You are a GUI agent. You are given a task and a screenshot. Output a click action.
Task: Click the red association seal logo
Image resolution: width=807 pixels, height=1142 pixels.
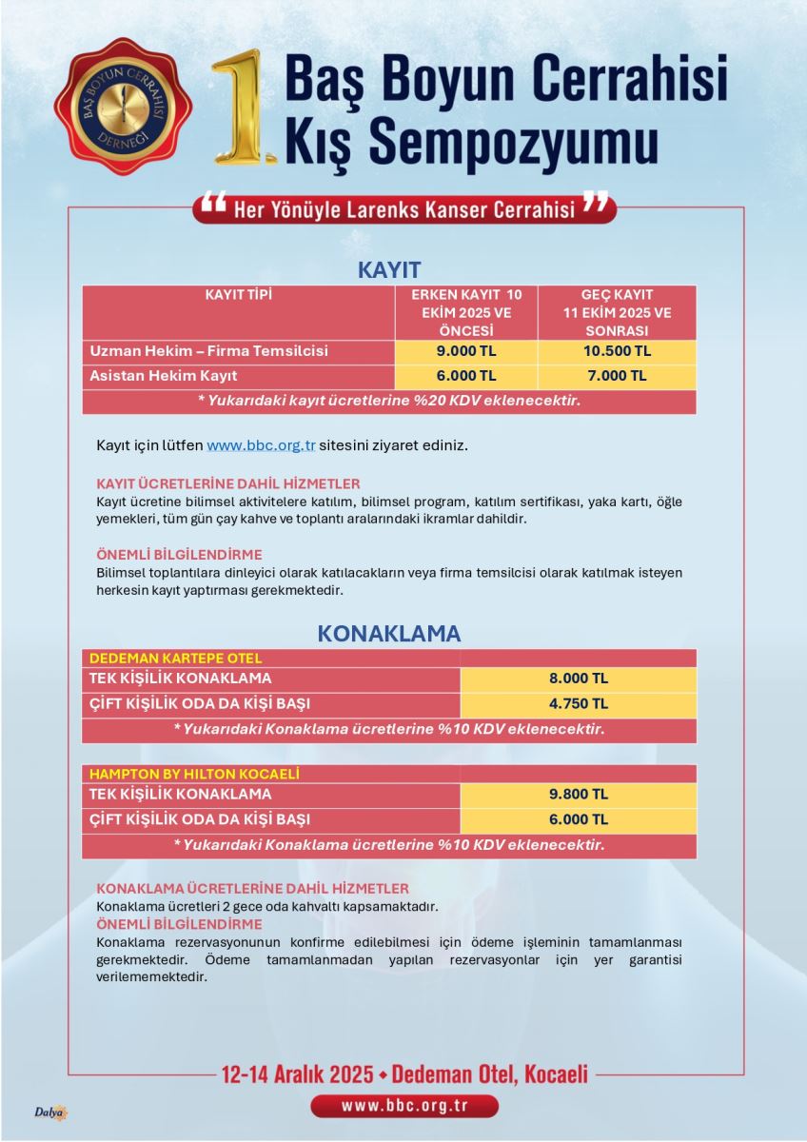[122, 107]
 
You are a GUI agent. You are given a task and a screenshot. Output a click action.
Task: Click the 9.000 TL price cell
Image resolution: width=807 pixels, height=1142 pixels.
[466, 351]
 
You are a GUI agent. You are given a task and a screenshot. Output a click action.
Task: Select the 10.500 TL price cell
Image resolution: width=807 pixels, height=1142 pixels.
[616, 351]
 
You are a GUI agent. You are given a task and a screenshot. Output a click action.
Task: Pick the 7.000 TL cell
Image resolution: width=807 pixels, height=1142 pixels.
[616, 376]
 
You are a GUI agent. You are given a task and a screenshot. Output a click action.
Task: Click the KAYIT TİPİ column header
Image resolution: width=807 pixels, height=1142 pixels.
[239, 295]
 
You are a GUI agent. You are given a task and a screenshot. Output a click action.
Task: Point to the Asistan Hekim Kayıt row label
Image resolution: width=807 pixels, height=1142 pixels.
[164, 376]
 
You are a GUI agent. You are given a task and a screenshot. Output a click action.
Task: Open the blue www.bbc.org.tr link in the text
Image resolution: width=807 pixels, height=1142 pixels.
[261, 445]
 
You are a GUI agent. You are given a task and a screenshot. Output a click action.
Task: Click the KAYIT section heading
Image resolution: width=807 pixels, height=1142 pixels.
[389, 269]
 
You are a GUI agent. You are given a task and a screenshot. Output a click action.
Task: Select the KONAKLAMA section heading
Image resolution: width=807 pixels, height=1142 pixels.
[389, 634]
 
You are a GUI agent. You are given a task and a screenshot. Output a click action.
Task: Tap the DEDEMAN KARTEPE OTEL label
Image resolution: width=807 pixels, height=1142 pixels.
[175, 658]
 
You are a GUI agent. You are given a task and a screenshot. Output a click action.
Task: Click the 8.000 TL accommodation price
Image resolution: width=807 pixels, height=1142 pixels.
[578, 679]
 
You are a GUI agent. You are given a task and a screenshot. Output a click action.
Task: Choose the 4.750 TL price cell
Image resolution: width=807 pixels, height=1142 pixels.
[578, 704]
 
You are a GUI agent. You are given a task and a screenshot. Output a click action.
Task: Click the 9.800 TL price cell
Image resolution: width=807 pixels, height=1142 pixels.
[578, 794]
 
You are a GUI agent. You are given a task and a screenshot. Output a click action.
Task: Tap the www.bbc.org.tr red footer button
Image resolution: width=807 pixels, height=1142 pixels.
[404, 1106]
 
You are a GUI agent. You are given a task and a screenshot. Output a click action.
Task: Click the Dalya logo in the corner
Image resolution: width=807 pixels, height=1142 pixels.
[50, 1112]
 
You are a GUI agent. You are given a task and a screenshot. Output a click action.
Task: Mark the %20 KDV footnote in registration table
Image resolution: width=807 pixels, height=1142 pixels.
[389, 402]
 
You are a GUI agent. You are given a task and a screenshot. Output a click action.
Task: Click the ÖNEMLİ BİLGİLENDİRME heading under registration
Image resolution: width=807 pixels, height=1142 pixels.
[179, 554]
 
